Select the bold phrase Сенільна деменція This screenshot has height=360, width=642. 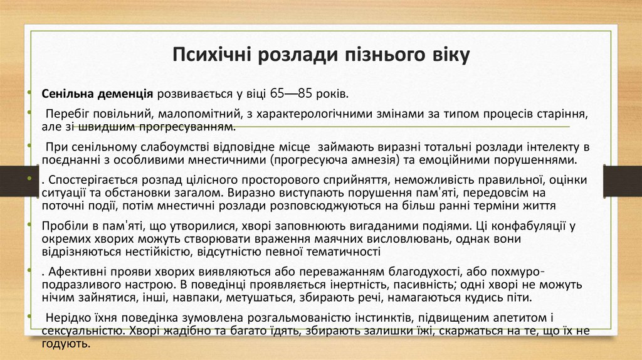tap(98, 94)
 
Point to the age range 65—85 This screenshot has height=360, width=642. tap(292, 94)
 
